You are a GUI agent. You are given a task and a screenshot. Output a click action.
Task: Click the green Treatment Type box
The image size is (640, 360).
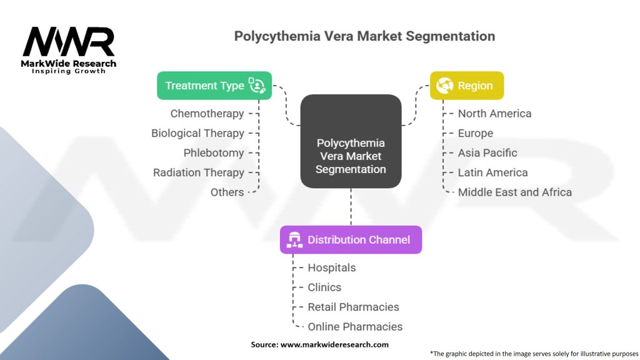click(214, 86)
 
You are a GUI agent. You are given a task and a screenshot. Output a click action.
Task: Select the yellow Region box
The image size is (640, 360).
click(466, 86)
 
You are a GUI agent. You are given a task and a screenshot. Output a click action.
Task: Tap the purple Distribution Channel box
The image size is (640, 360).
click(351, 239)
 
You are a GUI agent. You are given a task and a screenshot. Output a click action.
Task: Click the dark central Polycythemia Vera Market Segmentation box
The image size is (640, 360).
click(351, 141)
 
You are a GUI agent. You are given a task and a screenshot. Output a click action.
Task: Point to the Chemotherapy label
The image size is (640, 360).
click(207, 114)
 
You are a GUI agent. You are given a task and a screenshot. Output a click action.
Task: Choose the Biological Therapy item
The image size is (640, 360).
click(197, 133)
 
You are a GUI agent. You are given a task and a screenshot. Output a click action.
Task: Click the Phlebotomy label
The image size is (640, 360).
click(214, 153)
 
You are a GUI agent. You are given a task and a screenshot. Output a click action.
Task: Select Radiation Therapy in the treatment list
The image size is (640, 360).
click(199, 172)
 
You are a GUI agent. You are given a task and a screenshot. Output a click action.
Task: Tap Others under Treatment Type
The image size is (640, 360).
click(227, 192)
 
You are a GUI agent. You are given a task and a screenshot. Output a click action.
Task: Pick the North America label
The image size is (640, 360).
click(494, 114)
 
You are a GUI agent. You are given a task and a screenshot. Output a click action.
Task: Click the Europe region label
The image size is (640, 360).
click(475, 133)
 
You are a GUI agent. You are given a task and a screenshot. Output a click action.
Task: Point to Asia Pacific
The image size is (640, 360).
click(487, 153)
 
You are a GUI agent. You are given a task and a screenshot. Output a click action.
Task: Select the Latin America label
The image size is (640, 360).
click(492, 172)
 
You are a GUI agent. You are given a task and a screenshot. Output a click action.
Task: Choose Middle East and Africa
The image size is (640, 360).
click(514, 192)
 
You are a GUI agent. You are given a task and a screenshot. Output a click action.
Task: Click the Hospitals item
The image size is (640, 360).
click(331, 267)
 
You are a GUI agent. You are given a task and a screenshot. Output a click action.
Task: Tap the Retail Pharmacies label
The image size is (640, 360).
click(353, 307)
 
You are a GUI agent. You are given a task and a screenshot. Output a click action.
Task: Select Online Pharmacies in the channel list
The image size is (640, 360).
click(355, 326)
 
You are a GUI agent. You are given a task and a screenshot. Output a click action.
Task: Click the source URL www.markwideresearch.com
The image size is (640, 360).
click(334, 344)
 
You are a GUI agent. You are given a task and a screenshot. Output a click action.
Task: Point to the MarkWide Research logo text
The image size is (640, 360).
click(69, 64)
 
